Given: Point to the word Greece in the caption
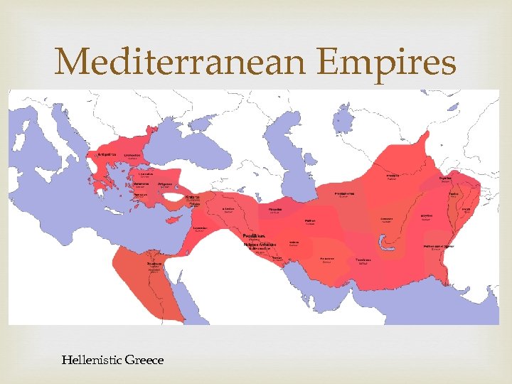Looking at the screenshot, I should [144, 360].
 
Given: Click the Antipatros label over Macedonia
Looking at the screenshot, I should [99, 154].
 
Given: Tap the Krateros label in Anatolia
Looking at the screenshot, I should [192, 197].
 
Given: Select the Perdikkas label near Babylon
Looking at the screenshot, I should [254, 235].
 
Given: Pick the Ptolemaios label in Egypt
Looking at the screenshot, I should [154, 262].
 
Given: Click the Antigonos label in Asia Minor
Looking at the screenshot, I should [164, 183].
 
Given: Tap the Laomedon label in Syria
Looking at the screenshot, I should [201, 228].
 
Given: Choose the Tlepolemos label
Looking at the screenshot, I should [363, 260].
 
